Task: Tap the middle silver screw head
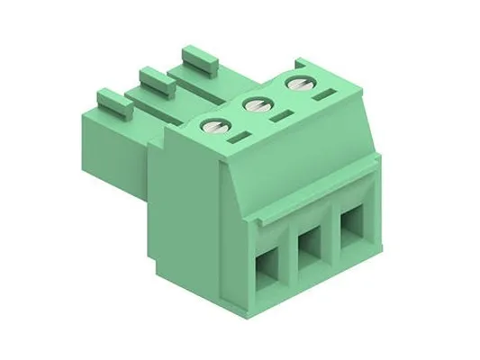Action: click(x=255, y=104)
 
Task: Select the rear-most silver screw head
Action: click(x=296, y=84)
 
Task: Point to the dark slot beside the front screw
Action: click(x=238, y=140)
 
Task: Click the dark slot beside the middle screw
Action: click(x=281, y=117)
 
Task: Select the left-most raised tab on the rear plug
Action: click(x=114, y=100)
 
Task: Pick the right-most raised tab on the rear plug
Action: click(x=201, y=59)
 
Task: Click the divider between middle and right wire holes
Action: click(x=331, y=236)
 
